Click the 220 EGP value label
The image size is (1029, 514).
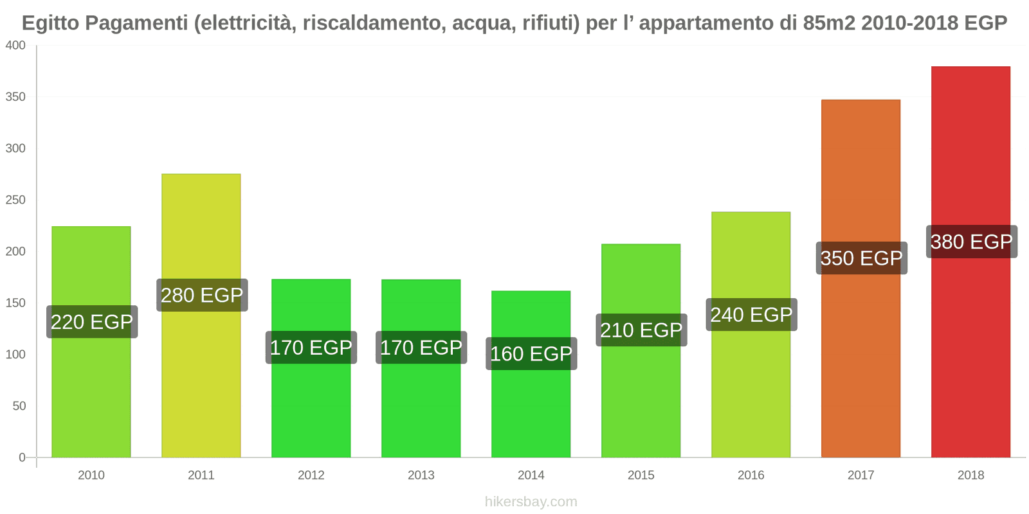click(x=91, y=322)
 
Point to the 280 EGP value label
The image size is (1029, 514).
click(x=202, y=296)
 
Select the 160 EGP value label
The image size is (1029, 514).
click(x=531, y=354)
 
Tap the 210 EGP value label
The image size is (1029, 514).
click(x=641, y=330)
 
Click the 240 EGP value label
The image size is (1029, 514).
click(x=751, y=315)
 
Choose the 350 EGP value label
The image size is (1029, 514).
click(x=861, y=258)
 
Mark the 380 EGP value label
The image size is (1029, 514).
click(x=971, y=242)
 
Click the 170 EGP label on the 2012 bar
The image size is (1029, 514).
click(x=311, y=348)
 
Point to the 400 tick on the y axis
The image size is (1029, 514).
click(x=15, y=46)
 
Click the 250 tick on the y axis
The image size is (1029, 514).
click(x=15, y=200)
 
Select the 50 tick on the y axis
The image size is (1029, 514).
click(x=19, y=406)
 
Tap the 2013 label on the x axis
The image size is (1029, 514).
click(x=421, y=475)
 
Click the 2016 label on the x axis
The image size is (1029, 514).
click(x=751, y=475)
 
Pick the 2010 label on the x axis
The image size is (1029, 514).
click(x=91, y=475)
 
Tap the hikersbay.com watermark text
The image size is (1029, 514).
click(x=531, y=502)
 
